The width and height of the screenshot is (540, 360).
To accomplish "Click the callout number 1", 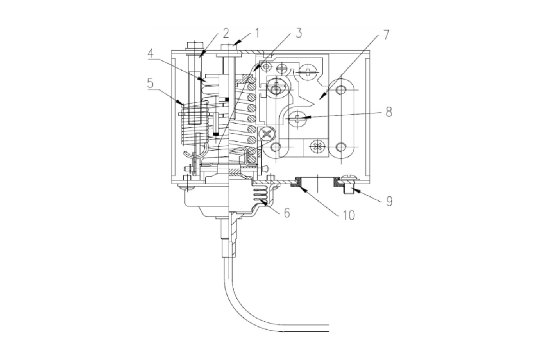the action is (x=257, y=33).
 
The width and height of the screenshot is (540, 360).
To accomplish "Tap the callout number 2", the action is (x=225, y=33).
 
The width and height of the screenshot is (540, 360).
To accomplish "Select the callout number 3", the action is (x=299, y=33).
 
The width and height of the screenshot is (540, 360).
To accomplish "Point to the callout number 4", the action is (x=150, y=53).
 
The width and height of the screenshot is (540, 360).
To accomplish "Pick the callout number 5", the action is (x=150, y=83).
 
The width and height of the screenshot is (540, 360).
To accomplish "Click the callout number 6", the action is (x=287, y=213).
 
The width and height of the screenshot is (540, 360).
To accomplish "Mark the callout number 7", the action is (x=386, y=35).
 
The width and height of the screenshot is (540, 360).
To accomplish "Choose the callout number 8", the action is (x=389, y=112).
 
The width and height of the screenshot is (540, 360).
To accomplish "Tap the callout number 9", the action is (x=389, y=201).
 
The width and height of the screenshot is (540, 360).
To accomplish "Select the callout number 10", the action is (x=349, y=215).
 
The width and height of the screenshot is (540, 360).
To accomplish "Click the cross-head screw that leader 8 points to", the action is (x=297, y=118).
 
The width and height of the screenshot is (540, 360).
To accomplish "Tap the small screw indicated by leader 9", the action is (x=349, y=184).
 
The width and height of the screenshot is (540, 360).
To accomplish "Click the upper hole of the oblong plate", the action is (x=340, y=90).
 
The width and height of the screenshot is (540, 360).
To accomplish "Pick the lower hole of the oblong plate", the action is (x=340, y=147).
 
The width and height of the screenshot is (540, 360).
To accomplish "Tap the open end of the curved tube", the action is (x=328, y=328).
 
